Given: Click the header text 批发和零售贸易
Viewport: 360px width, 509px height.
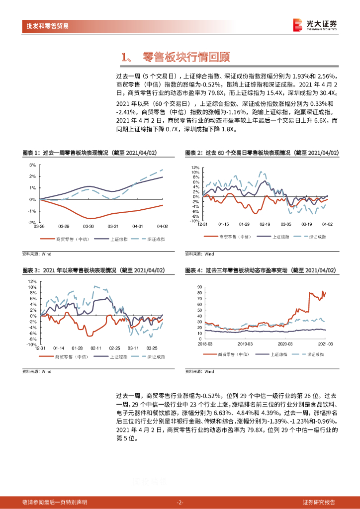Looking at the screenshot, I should pos(48,26).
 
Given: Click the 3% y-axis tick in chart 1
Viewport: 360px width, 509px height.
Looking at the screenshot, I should pos(32,165).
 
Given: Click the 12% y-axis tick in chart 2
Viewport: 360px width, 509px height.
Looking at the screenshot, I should pos(195,168).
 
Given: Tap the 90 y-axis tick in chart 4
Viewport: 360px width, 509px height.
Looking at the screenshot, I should pos(199,287).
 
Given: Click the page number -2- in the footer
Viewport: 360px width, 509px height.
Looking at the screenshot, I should pos(180,502).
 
